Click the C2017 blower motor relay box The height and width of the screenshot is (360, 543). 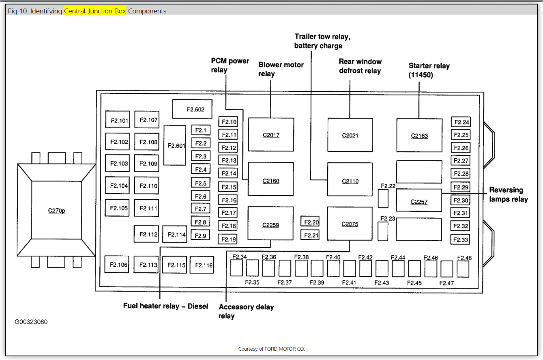click(x=271, y=135)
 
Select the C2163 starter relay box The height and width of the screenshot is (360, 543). click(x=419, y=136)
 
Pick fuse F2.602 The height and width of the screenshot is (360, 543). click(x=192, y=109)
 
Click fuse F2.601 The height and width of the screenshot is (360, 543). click(x=175, y=145)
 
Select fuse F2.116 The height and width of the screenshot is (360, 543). click(x=204, y=265)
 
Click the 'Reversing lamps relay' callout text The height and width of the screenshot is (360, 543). click(x=509, y=194)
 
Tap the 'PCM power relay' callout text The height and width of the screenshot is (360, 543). click(x=230, y=65)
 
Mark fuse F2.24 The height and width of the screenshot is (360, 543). click(x=461, y=122)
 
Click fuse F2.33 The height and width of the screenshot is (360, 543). click(x=461, y=239)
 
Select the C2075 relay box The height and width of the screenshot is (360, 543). click(x=350, y=224)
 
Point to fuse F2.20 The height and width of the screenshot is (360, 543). click(x=311, y=222)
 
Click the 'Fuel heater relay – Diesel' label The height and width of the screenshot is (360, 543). click(x=165, y=306)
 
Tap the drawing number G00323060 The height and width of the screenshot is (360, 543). click(x=31, y=322)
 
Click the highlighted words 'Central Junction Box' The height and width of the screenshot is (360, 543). click(x=95, y=11)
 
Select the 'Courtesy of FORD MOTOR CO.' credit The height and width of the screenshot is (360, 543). click(x=271, y=349)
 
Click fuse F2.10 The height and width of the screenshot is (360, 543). click(x=228, y=122)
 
